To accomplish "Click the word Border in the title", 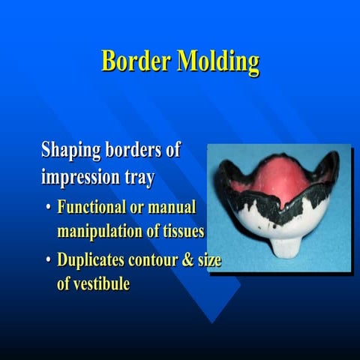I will (136, 61).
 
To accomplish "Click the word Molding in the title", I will (218, 62).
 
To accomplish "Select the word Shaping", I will (71, 151).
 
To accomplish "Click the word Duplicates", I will (93, 260).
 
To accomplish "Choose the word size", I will (211, 260).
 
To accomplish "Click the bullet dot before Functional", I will (49, 208).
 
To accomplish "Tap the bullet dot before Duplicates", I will (49, 261).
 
